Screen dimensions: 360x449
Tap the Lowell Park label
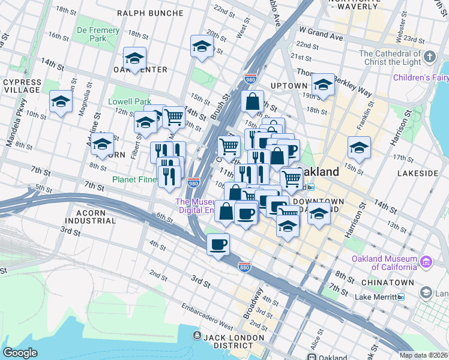129,102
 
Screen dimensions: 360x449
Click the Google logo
20,353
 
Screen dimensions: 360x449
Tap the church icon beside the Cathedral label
429,57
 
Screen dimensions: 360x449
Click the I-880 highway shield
244,265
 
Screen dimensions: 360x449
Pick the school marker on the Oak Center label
135,59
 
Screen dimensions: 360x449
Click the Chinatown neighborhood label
387,282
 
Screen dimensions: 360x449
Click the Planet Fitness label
135,179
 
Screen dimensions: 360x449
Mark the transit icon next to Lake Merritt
400,297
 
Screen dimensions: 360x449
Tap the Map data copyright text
423,355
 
